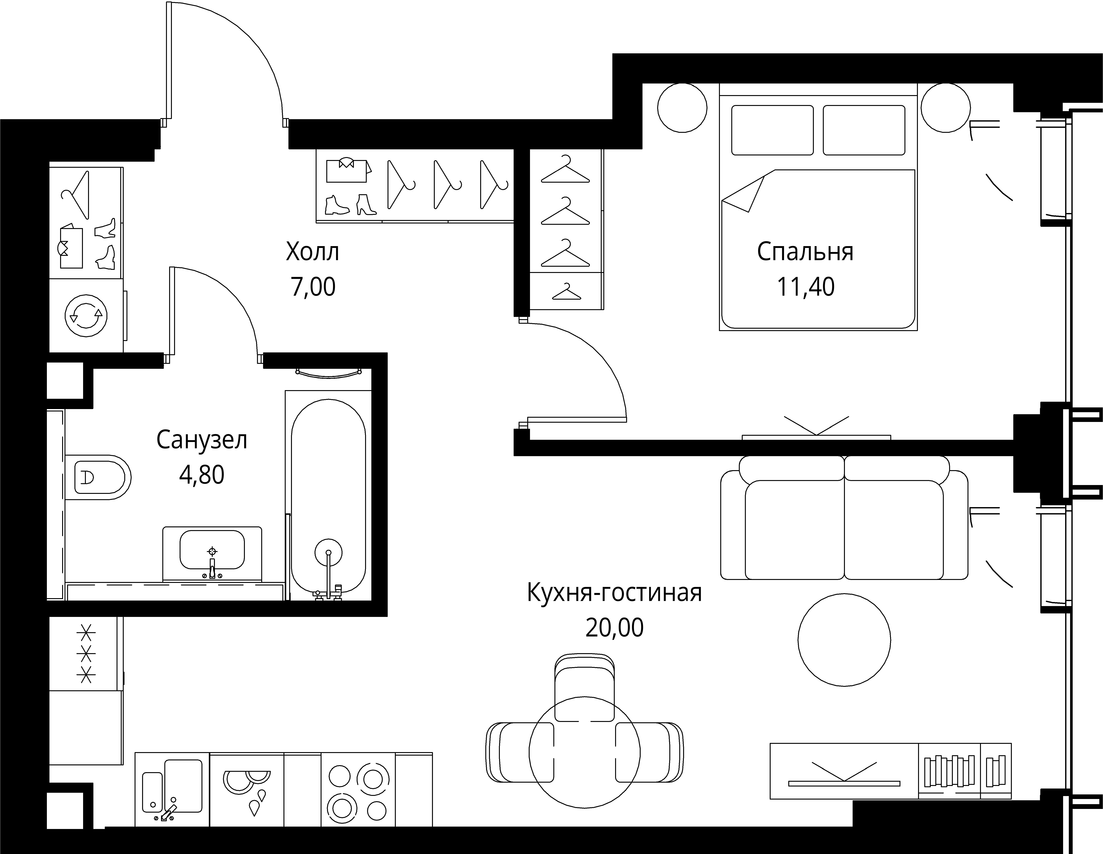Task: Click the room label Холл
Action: click(313, 252)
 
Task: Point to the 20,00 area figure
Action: click(615, 628)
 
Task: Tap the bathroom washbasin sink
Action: click(212, 553)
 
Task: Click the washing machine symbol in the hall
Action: click(86, 315)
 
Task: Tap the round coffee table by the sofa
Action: click(844, 639)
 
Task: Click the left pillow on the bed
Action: click(772, 130)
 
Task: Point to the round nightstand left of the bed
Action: click(682, 108)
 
